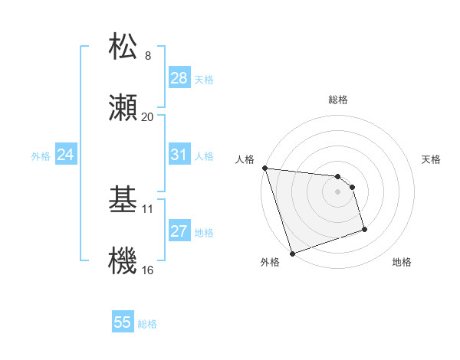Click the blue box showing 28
pyautogui.click(x=179, y=78)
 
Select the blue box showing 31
pyautogui.click(x=179, y=155)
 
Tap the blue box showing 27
pyautogui.click(x=179, y=231)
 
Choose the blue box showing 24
pyautogui.click(x=65, y=155)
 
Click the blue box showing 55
pyautogui.click(x=123, y=322)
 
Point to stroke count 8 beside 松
pyautogui.click(x=148, y=55)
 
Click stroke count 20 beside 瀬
pyautogui.click(x=147, y=117)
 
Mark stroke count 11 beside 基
pyautogui.click(x=148, y=208)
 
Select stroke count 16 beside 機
pyautogui.click(x=148, y=270)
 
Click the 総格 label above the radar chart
pyautogui.click(x=338, y=100)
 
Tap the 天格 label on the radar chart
pyautogui.click(x=432, y=159)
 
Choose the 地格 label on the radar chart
pyautogui.click(x=402, y=262)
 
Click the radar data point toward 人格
pyautogui.click(x=264, y=169)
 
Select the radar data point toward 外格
pyautogui.click(x=292, y=253)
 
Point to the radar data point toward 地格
pyautogui.click(x=364, y=229)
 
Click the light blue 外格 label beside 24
pyautogui.click(x=41, y=155)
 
